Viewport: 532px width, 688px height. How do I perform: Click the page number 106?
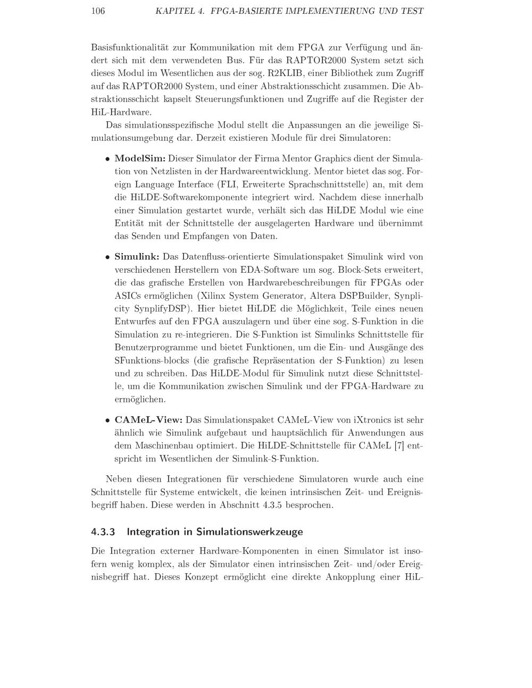click(x=98, y=11)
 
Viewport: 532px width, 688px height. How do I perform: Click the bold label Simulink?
click(x=137, y=257)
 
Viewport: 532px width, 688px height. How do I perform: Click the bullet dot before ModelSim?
click(x=107, y=159)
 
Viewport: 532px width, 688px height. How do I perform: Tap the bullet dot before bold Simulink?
click(x=107, y=257)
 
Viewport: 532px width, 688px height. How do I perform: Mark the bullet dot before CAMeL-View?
click(x=107, y=421)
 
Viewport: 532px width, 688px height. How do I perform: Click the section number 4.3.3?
click(x=103, y=532)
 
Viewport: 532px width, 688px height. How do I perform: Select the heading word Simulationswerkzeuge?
click(x=250, y=532)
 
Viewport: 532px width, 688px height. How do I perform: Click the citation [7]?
click(x=398, y=446)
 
